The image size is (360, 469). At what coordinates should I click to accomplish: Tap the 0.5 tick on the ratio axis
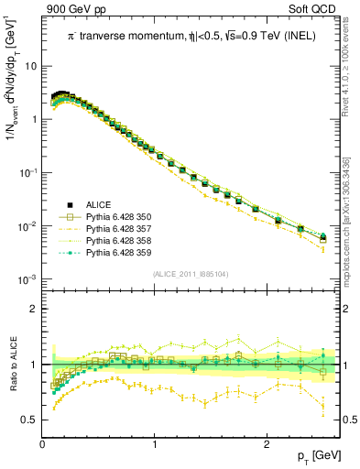pos(30,420)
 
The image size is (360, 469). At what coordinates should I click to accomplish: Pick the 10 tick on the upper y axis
pos(30,67)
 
